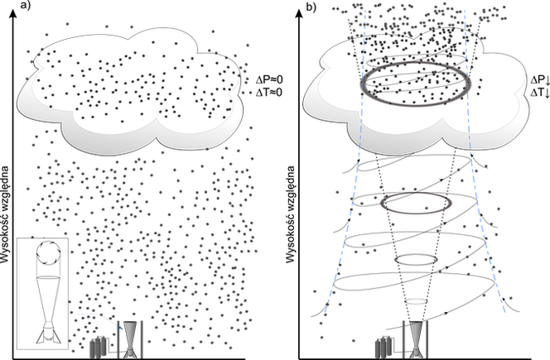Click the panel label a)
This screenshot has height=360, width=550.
[26, 5]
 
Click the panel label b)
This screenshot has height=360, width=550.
[311, 7]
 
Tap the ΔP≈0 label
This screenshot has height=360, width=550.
[268, 80]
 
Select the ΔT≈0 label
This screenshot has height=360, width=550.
[268, 93]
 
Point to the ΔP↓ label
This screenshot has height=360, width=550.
[540, 80]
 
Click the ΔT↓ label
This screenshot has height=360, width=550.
[540, 93]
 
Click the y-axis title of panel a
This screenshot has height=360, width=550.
[5, 214]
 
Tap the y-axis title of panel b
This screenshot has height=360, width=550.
[291, 214]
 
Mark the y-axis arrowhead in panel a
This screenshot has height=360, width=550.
[13, 13]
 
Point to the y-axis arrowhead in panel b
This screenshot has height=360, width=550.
[299, 13]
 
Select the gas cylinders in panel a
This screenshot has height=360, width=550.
[99, 347]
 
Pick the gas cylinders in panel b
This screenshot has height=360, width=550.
[384, 347]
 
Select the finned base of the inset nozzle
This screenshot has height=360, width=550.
[49, 333]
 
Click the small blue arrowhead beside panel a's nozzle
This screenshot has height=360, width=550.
[121, 328]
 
